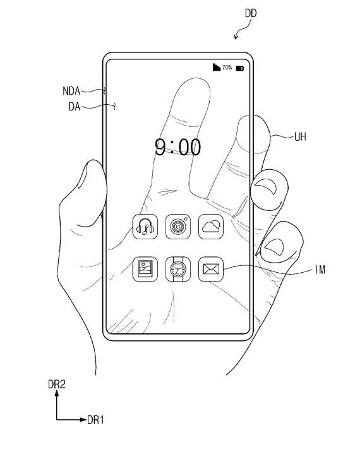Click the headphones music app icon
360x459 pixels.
pos(145,227)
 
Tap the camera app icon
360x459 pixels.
pos(178,227)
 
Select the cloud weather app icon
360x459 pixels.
pos(211,227)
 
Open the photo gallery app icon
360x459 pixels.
pos(145,269)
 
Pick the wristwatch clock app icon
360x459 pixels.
pos(178,269)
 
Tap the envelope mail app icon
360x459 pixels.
pos(211,269)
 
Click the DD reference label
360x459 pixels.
pos(251,13)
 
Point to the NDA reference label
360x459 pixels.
pos(71,91)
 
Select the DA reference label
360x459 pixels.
pos(75,107)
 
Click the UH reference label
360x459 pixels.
pos(300,137)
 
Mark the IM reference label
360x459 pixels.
pos(320,270)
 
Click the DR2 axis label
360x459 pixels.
pos(57,384)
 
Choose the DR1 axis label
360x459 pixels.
pos(95,420)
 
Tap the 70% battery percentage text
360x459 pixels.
pos(227,68)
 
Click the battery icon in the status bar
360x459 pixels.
pos(240,68)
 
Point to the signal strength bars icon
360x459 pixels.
pos(217,67)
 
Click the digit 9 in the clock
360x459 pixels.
pos(161,147)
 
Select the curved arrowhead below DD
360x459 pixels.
pos(236,36)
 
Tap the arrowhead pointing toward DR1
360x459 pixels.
pos(83,420)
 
